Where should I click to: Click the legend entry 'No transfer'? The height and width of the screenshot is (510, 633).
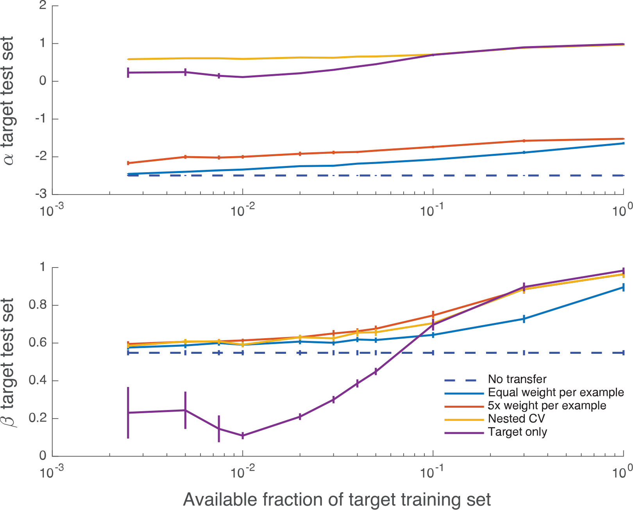[517, 379]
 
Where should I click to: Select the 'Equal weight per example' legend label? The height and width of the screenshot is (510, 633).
[556, 392]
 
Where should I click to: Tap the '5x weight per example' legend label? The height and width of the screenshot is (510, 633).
[547, 406]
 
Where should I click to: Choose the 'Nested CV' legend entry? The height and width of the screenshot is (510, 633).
[516, 419]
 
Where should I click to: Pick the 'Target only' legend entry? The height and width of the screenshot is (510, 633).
[517, 432]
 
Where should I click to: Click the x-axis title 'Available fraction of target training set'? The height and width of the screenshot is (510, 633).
[337, 499]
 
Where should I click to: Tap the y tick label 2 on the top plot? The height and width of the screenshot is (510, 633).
[43, 5]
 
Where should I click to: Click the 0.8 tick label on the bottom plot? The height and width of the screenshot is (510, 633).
[38, 305]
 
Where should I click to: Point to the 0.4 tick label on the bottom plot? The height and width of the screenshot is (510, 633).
[38, 380]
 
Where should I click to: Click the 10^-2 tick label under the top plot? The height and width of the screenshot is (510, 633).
[243, 211]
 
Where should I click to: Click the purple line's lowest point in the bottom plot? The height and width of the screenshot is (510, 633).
[243, 435]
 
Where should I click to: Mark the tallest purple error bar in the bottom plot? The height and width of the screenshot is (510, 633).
[128, 412]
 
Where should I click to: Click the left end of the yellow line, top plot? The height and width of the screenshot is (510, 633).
[128, 59]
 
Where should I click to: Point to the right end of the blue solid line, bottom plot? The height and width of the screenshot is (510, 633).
[623, 287]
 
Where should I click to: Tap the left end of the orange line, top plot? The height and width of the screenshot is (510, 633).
[128, 163]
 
